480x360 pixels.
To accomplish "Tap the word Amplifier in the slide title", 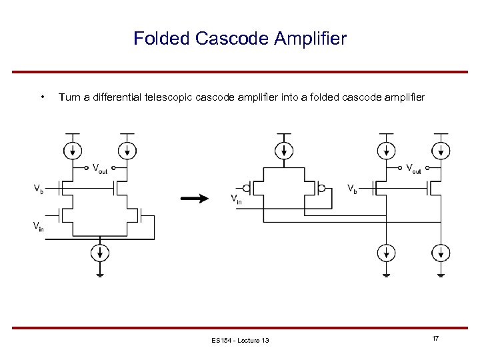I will (310, 39).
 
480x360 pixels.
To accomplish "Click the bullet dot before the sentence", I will (43, 98).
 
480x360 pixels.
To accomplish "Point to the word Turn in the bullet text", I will (70, 98).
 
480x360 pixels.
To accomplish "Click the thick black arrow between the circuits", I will (195, 198).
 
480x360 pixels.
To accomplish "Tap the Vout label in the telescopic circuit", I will (100, 168).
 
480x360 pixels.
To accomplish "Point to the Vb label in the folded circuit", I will (352, 189).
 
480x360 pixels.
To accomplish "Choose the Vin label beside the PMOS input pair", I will (236, 198).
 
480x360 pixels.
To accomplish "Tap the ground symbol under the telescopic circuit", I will (100, 273).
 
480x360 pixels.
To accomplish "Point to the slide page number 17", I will (435, 339).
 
